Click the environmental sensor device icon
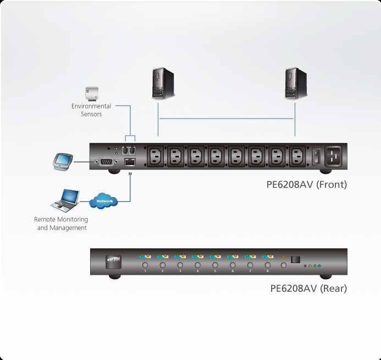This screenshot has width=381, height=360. pyautogui.click(x=90, y=92)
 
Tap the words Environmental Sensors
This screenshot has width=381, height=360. pyautogui.click(x=91, y=110)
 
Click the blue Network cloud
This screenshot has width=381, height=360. pyautogui.click(x=104, y=201)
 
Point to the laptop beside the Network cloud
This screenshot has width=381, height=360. pyautogui.click(x=65, y=200)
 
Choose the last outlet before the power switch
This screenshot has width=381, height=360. pyautogui.click(x=297, y=156)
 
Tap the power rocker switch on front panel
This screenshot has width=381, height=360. pyautogui.click(x=316, y=156)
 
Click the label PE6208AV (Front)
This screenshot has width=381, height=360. pyautogui.click(x=307, y=185)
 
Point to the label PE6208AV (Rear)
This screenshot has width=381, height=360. pyautogui.click(x=308, y=288)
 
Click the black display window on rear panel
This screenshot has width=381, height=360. pyautogui.click(x=296, y=259)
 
